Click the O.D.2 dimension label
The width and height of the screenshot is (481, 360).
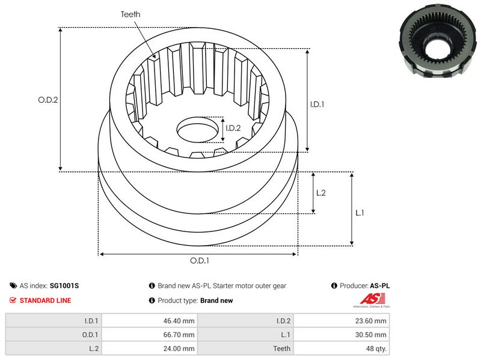tap(48, 100)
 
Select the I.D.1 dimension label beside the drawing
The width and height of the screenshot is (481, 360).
tap(317, 104)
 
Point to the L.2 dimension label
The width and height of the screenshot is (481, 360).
tap(320, 193)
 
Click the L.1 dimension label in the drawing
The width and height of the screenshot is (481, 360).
tap(360, 212)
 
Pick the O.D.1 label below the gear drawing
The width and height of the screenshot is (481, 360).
tap(200, 260)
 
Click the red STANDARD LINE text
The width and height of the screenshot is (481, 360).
tap(45, 301)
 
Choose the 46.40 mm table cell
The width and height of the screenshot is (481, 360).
tap(180, 321)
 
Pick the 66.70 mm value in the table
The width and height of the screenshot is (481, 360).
tap(180, 335)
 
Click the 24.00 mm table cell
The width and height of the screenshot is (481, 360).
tap(180, 349)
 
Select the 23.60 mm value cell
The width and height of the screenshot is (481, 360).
tap(372, 321)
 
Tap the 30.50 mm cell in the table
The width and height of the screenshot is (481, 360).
tap(372, 335)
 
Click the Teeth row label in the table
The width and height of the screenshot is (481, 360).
tap(281, 349)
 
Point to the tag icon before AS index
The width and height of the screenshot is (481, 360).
tap(13, 286)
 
